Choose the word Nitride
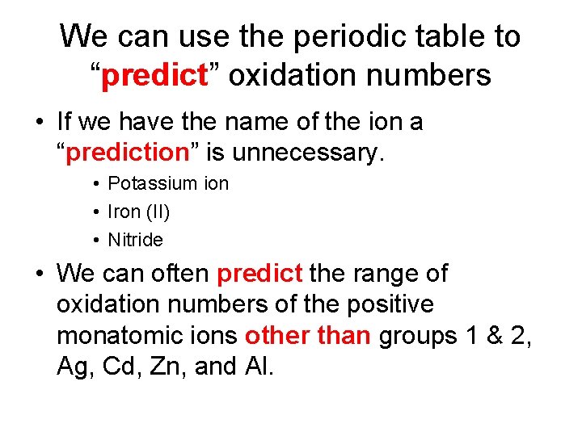coord(135,240)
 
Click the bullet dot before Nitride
coord(95,240)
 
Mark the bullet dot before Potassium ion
coord(95,183)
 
